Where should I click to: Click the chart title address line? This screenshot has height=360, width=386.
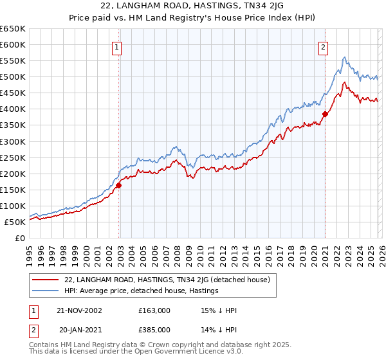click(x=192, y=5)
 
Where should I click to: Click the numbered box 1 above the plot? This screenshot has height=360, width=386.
click(x=117, y=46)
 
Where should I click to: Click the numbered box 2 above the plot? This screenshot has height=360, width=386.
click(x=322, y=46)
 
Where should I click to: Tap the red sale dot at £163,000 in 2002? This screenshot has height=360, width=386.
click(x=119, y=185)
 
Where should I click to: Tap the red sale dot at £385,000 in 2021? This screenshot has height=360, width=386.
click(x=326, y=114)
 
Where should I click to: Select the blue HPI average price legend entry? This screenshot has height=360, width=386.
click(x=142, y=291)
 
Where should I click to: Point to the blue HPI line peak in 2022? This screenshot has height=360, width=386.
click(x=345, y=57)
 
